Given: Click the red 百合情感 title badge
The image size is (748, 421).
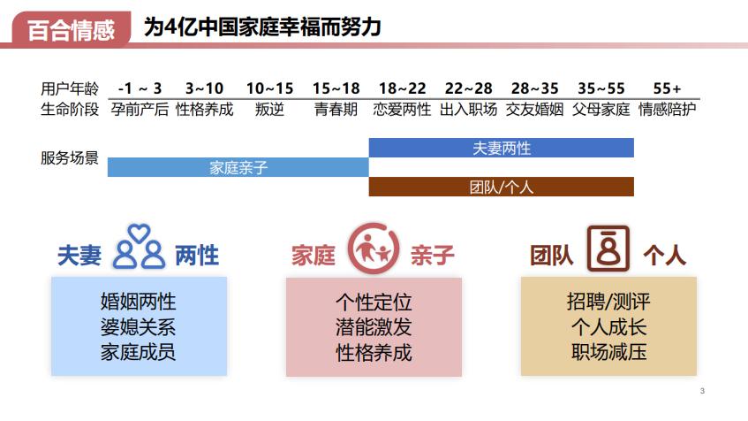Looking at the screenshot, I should click(71, 28).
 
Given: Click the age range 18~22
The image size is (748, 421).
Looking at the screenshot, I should click(402, 88).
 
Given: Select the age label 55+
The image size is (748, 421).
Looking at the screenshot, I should click(667, 88).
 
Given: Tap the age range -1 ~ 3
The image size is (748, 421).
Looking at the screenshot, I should click(140, 88).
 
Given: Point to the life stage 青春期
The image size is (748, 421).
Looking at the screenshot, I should click(336, 110).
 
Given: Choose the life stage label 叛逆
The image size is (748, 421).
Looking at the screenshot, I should click(269, 110).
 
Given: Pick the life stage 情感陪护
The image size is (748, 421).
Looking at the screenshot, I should click(667, 110).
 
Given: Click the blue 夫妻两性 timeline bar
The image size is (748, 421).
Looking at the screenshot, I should click(501, 148).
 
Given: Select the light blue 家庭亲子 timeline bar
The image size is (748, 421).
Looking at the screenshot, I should click(238, 167).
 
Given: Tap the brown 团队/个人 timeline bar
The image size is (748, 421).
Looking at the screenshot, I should click(501, 187).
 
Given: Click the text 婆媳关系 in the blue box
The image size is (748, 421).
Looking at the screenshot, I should click(139, 326).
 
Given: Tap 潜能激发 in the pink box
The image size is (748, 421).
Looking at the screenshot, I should click(374, 326).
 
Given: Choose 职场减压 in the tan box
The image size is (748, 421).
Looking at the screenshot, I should click(608, 351).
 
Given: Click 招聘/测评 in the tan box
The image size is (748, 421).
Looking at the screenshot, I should click(608, 302).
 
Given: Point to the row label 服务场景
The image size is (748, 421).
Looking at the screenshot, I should click(70, 158).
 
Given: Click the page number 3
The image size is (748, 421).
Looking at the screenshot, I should click(702, 392).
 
